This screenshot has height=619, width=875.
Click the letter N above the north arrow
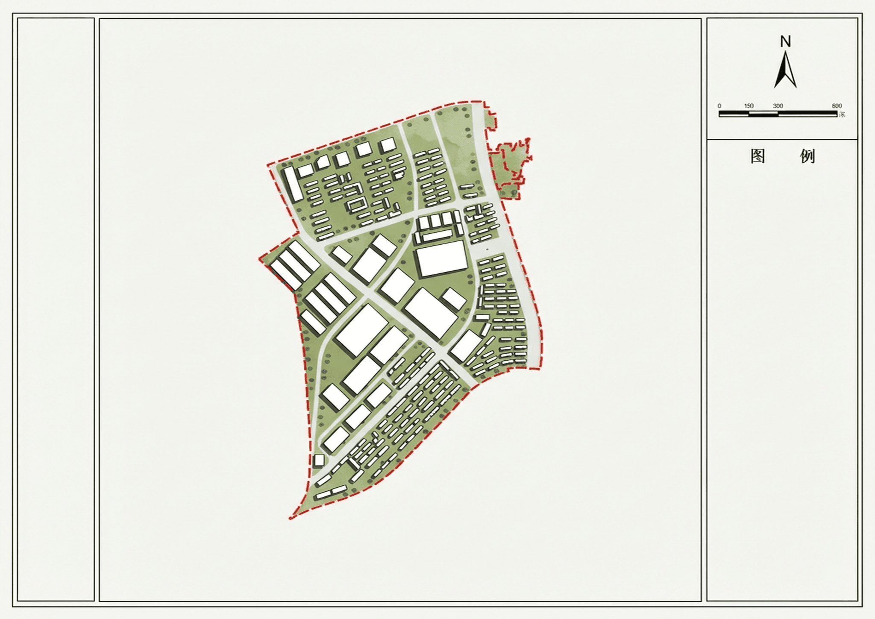785,41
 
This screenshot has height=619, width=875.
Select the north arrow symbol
785,70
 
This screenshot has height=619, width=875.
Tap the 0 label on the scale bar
719,106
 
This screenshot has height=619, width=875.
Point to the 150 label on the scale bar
749,106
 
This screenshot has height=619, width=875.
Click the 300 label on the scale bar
778,106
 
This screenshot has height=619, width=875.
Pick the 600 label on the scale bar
837,106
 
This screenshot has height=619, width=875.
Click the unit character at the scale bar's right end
842,114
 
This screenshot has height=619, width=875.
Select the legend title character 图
758,156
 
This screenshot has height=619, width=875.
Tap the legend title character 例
807,156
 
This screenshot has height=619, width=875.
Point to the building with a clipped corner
323,163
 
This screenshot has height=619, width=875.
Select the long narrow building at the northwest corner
293,184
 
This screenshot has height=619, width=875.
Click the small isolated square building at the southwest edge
319,461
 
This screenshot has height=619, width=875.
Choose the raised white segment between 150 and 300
763,113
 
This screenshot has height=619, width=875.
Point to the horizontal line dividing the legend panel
782,139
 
